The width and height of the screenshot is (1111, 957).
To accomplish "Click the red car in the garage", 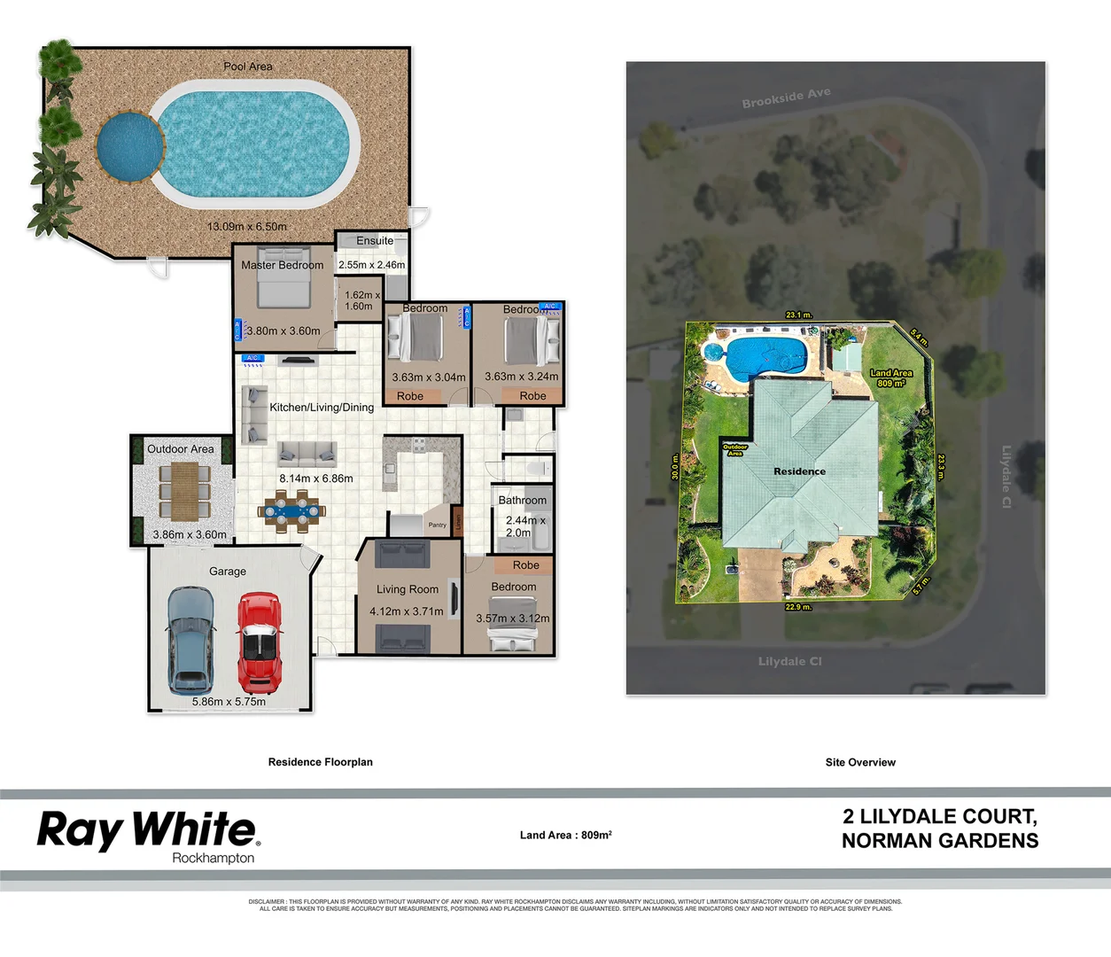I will pos(259,642).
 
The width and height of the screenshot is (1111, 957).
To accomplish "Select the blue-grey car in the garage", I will pos(190,640).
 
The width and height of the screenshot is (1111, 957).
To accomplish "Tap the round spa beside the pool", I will pos(129,144).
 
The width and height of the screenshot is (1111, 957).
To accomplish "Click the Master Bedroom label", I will pos(282,265).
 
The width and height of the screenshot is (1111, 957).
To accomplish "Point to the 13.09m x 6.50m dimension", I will pos(246,227).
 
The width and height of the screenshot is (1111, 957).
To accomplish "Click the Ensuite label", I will pos(375,241).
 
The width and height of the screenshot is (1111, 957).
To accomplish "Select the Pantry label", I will pos(438,525).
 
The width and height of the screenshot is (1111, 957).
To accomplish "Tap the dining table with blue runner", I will pos(292,511).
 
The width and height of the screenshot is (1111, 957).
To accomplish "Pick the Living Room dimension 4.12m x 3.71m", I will pos(406,611).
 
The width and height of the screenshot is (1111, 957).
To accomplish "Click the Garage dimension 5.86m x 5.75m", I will pos(229,702).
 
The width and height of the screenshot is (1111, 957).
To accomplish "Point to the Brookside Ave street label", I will pos(786,97).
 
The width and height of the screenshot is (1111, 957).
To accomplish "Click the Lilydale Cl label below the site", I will pos(789,661).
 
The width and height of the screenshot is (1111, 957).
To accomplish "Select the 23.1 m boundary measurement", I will pos(797,315).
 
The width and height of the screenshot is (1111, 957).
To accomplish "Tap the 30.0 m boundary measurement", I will pos(675,467).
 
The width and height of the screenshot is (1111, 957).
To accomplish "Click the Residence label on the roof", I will pos(799,471).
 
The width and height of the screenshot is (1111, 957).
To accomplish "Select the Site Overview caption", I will pos(859,762).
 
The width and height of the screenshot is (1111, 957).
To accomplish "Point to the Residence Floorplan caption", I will pos(320,762).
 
